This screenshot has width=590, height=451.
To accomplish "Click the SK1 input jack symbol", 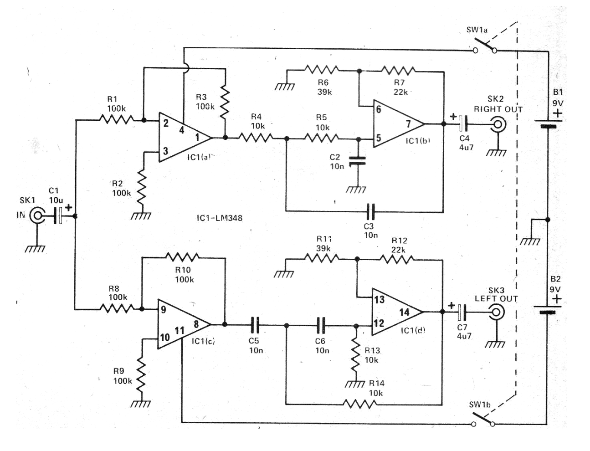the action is (x=36, y=215).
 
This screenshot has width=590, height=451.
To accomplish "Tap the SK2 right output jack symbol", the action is (x=498, y=124).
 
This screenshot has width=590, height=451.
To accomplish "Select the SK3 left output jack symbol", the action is (x=496, y=313).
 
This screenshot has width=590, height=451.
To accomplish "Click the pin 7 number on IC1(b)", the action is (x=408, y=124).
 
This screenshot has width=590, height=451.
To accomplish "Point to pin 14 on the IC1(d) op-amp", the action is (x=404, y=313).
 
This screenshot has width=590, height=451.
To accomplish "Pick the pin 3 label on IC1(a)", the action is (x=165, y=151).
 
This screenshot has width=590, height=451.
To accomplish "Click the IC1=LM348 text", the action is (x=219, y=218).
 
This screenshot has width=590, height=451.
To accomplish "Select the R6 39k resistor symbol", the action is (x=322, y=70).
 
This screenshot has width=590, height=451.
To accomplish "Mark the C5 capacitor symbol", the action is (x=255, y=325).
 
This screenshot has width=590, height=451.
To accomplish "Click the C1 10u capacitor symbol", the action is (x=58, y=215).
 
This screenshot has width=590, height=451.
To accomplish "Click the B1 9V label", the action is (x=558, y=97).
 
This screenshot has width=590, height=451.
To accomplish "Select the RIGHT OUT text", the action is (x=498, y=109).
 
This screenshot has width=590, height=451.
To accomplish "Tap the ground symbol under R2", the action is (x=141, y=216).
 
